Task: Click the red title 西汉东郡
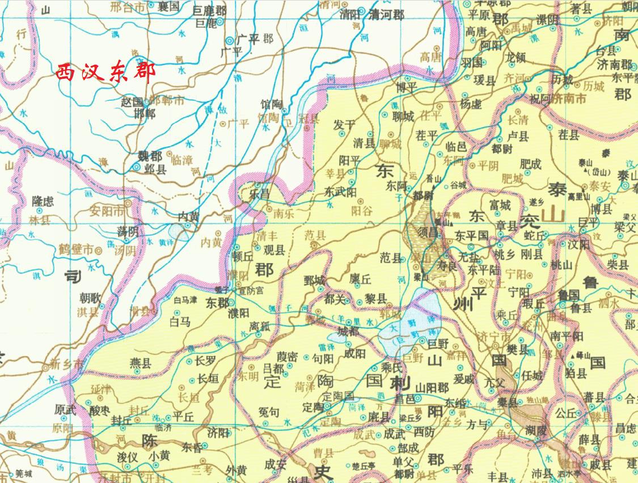[105, 73]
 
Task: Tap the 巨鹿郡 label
[209, 11]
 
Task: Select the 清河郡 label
[386, 15]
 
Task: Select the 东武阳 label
[341, 192]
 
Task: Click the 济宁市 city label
[491, 334]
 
